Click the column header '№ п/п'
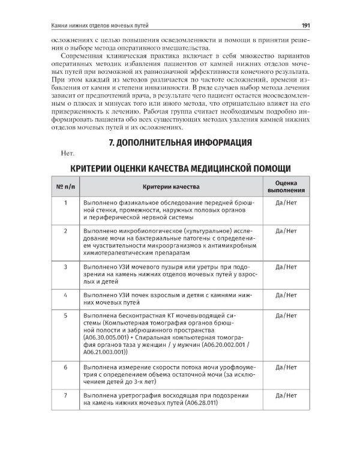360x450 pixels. coord(64,187)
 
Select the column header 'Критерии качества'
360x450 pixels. coord(172,187)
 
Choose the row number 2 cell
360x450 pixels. coord(64,230)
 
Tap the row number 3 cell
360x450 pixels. coord(64,265)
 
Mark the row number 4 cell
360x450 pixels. coord(64,296)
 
